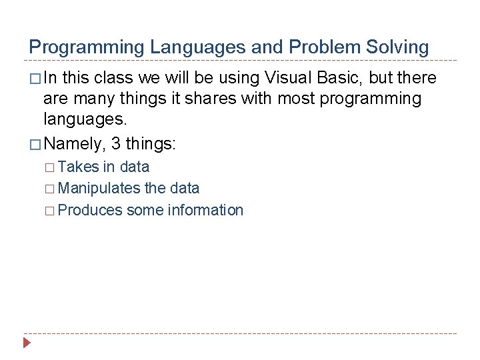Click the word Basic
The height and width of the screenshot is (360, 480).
[341, 78]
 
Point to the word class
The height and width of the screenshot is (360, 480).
[114, 78]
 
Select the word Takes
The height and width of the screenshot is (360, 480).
[79, 167]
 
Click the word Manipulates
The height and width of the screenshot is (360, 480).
[99, 189]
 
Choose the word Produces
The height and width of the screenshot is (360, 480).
[90, 211]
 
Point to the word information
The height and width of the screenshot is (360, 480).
[205, 211]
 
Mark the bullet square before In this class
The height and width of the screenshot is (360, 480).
[34, 79]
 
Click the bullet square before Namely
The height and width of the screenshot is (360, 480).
[34, 144]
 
